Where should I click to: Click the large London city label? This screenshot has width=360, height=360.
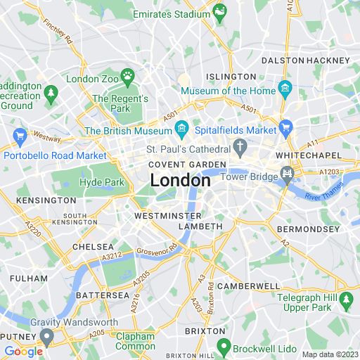[x=180, y=181]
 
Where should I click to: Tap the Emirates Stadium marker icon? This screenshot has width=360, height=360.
[x=221, y=11]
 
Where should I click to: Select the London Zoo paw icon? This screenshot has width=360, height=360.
[x=127, y=76]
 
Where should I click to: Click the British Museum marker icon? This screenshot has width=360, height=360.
[x=181, y=129]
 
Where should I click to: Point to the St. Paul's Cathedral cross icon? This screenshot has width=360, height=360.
[x=240, y=147]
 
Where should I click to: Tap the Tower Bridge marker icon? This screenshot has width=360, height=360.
[x=286, y=173]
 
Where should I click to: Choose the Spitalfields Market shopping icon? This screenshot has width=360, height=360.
[x=285, y=128]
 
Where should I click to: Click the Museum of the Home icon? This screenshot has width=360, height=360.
[x=285, y=89]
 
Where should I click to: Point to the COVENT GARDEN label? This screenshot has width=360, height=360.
[x=187, y=165]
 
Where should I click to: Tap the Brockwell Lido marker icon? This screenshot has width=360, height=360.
[x=224, y=346]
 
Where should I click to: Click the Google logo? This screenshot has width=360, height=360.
[x=23, y=351]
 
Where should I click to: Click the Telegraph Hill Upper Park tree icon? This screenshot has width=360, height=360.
[x=345, y=300]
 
